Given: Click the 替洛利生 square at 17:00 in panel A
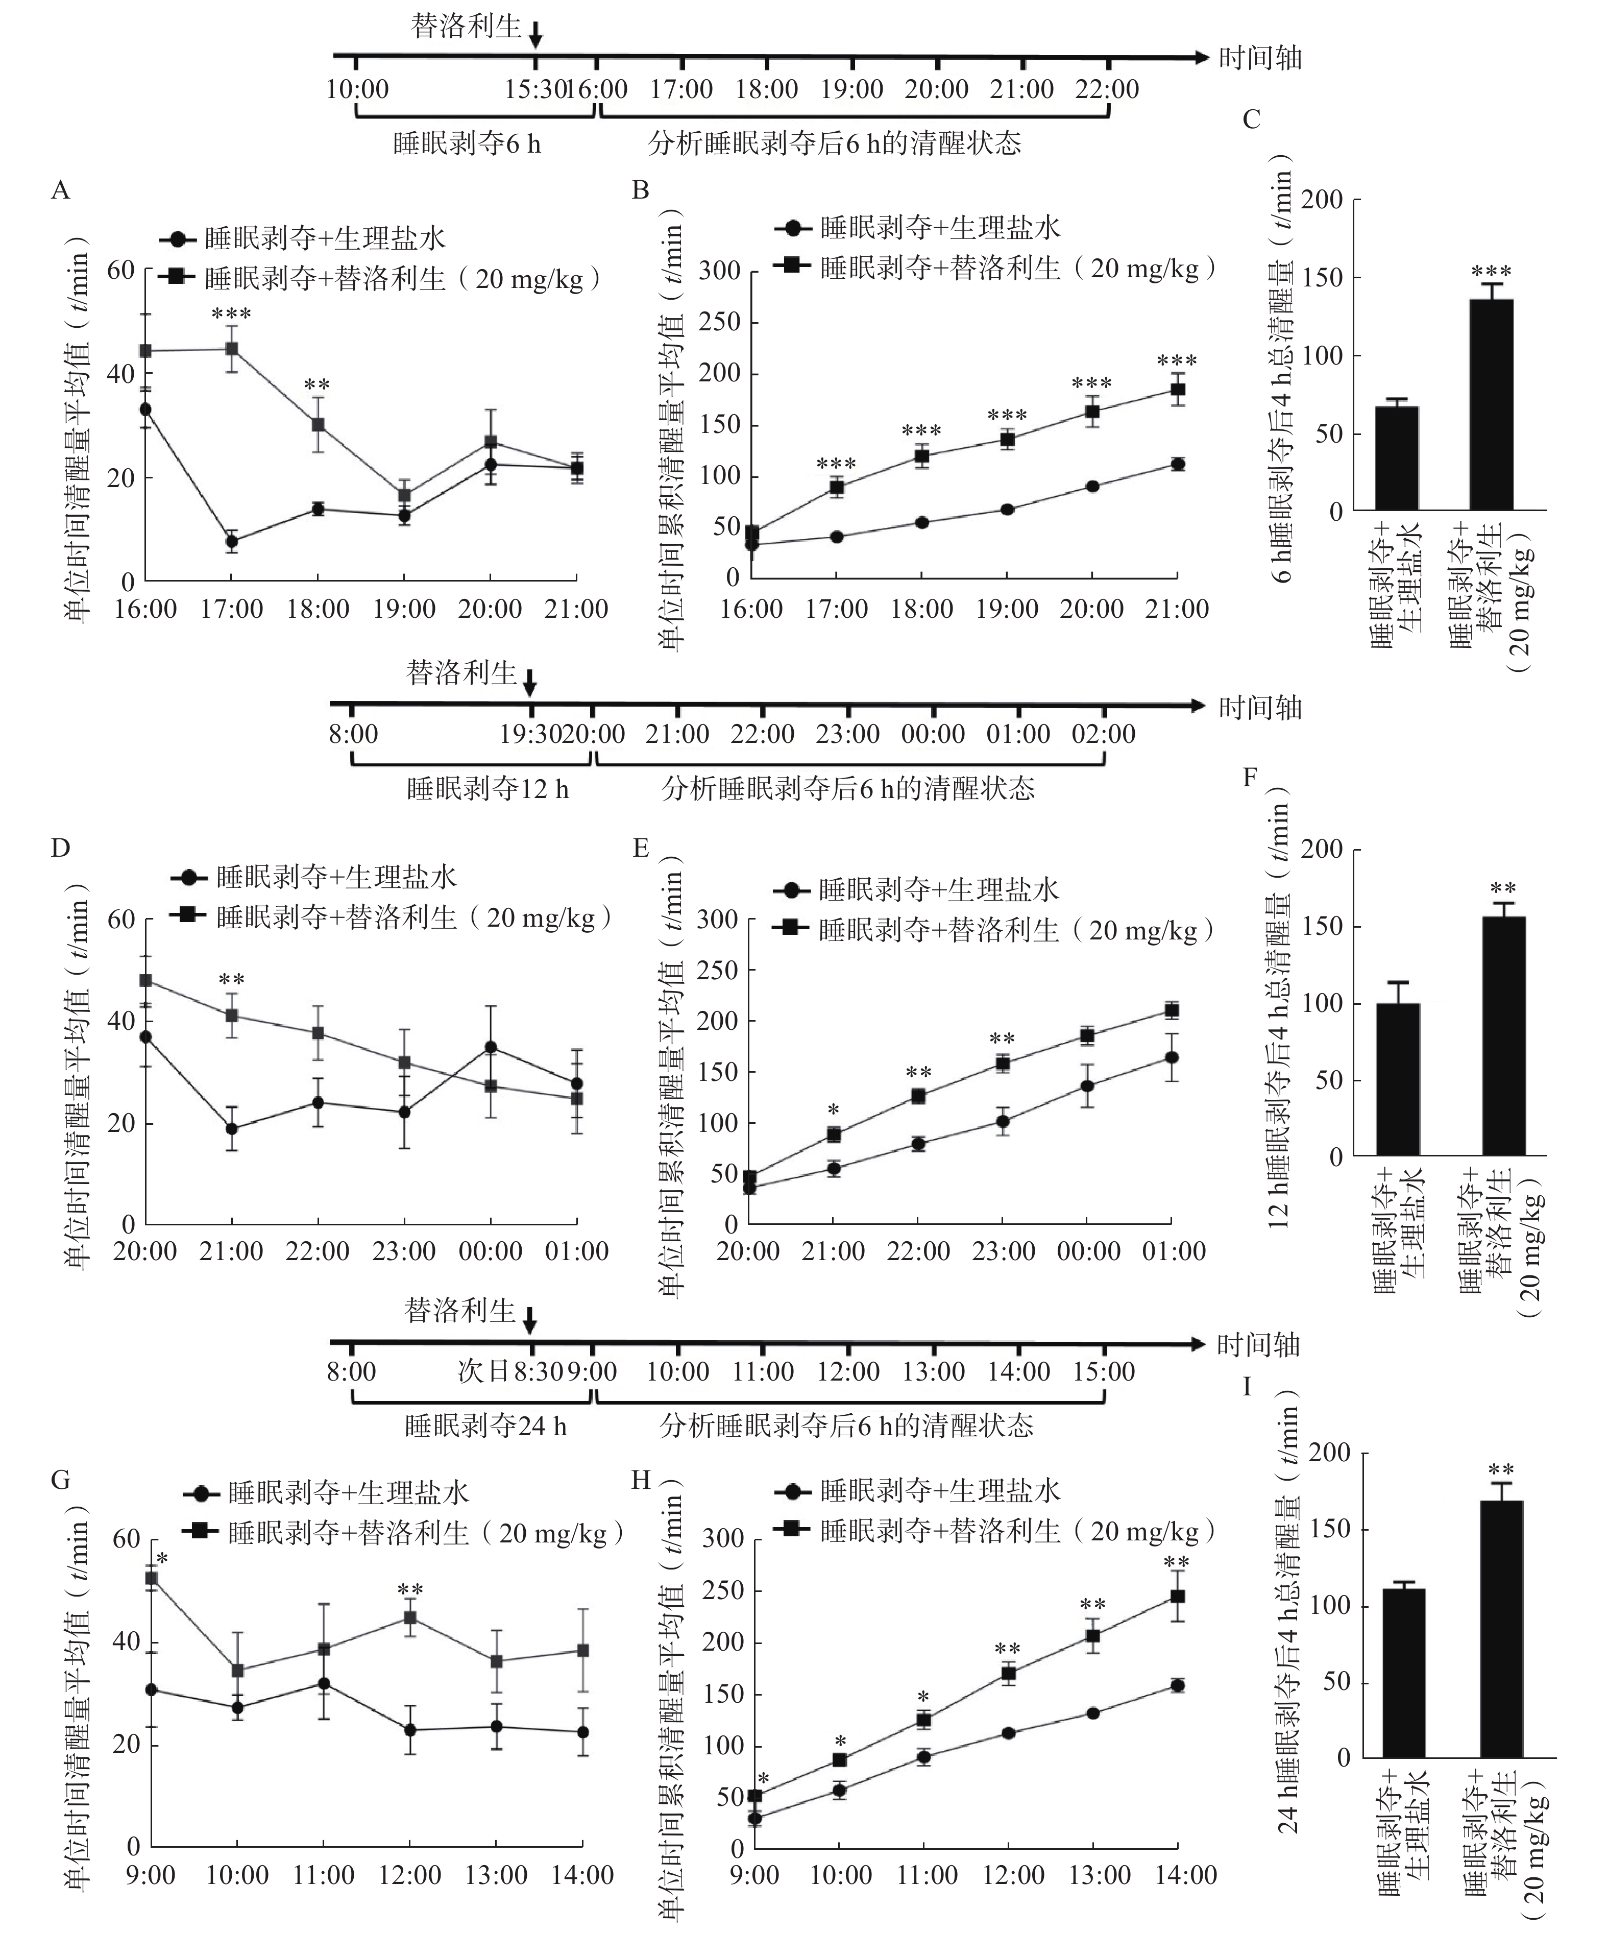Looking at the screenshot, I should (x=232, y=349).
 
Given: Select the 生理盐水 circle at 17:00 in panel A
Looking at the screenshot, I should (x=232, y=541).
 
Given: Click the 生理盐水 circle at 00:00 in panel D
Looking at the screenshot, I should (x=491, y=1048).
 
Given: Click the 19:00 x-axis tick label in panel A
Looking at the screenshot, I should (x=404, y=609).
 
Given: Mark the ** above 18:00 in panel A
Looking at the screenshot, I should (x=318, y=385).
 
